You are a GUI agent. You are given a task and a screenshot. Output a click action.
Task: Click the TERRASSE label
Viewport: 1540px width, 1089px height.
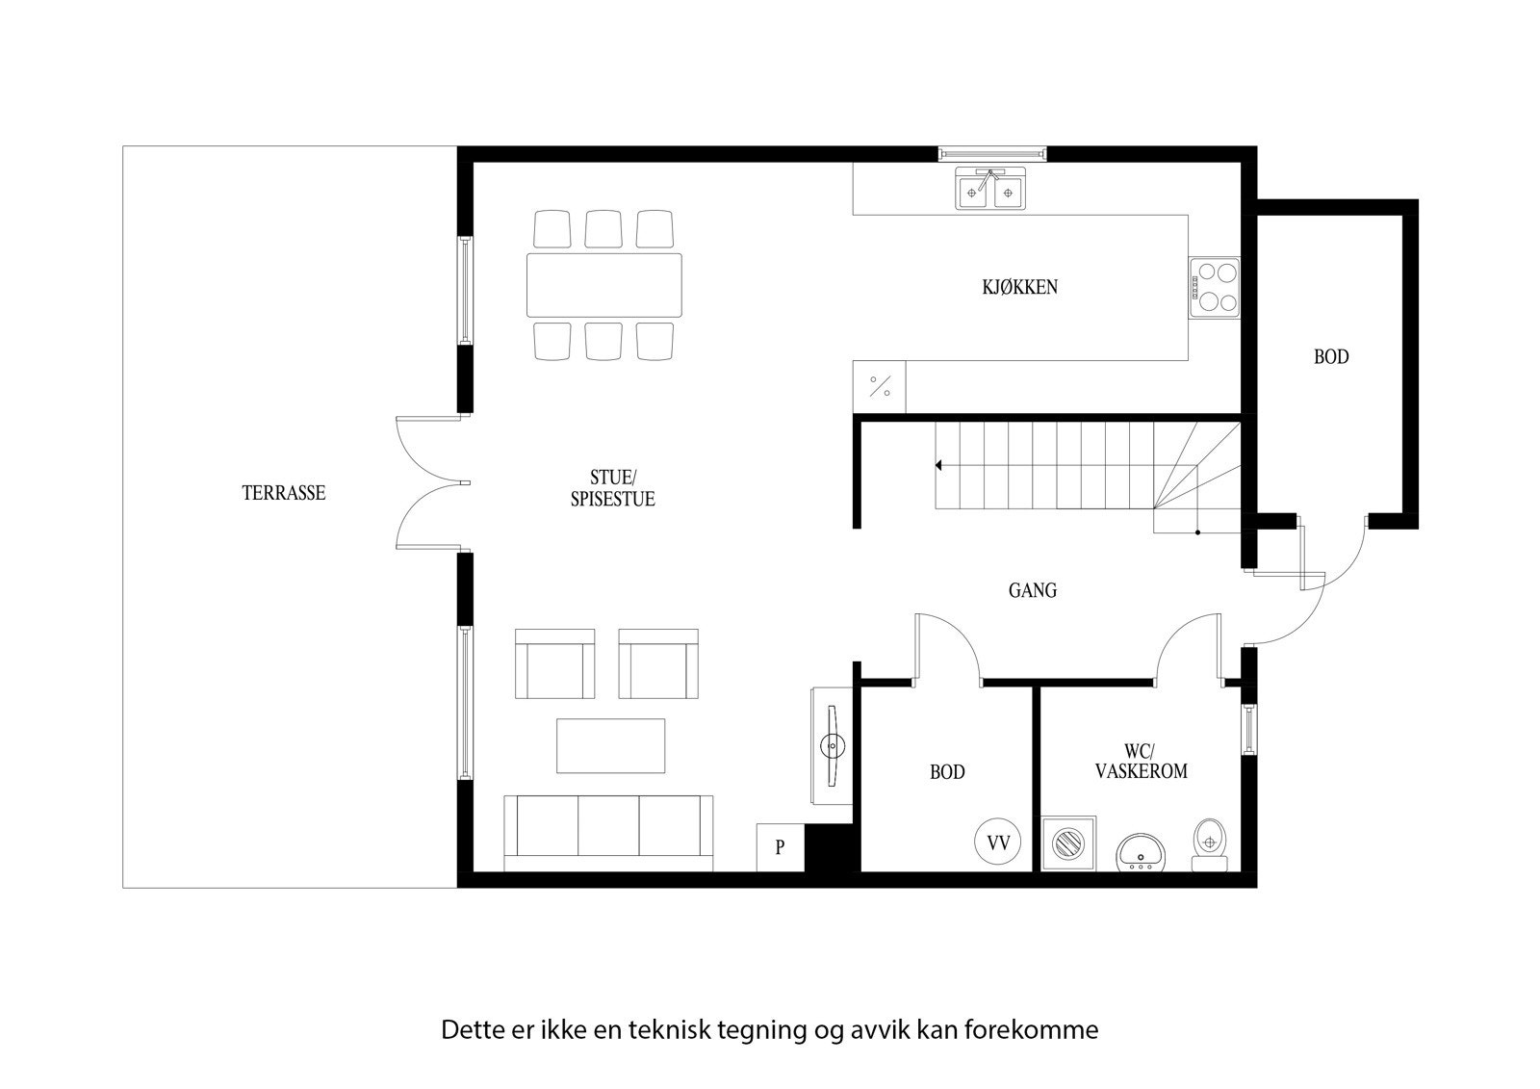point(284,493)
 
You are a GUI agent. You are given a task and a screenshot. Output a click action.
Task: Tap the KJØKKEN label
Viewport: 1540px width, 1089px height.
point(1019,287)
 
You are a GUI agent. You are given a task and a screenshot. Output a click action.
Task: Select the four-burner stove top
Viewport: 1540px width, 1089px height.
point(1214,288)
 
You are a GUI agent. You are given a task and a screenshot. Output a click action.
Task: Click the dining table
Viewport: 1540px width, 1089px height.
point(603,285)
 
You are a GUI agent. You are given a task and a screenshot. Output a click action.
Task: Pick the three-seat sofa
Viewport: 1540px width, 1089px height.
point(608,827)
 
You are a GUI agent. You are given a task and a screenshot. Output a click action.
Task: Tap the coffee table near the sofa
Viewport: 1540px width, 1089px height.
point(610,745)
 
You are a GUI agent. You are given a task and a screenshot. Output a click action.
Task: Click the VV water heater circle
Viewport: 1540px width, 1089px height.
point(998,843)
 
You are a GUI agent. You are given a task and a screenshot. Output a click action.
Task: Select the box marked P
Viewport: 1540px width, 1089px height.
point(780,848)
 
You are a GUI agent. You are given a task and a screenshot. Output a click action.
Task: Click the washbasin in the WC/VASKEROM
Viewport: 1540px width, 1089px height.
point(1142,852)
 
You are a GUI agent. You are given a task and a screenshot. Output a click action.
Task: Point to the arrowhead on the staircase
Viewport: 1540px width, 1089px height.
point(937,466)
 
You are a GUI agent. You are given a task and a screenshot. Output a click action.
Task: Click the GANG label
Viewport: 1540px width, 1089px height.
point(1033,590)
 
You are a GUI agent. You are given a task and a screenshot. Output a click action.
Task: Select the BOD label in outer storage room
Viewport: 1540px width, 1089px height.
point(1331,357)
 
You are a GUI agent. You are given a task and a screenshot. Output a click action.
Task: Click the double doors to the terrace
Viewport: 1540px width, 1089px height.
point(430,482)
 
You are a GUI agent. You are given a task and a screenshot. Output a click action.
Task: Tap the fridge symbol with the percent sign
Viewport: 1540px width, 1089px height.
point(880,386)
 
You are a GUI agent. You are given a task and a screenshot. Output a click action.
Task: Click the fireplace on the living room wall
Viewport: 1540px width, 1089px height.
point(831,745)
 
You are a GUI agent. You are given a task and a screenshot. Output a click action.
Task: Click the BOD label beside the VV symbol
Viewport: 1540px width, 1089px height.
point(947,772)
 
